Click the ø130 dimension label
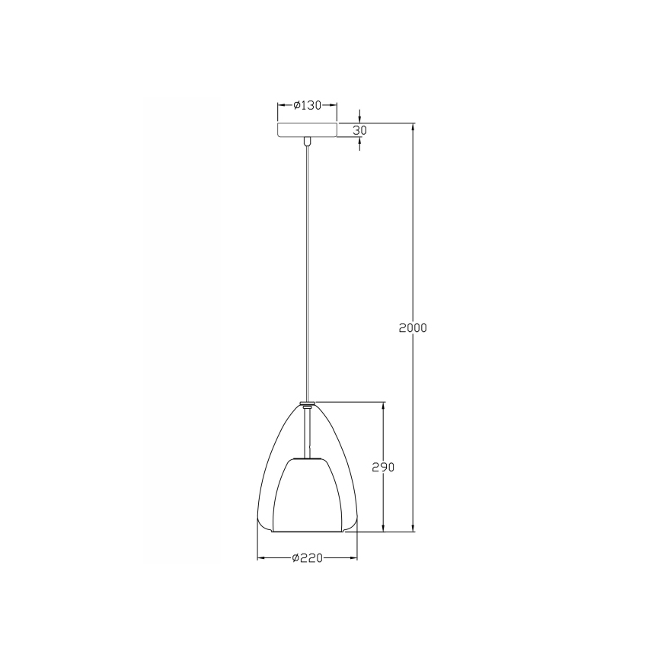coord(308,106)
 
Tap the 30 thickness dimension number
coord(360,130)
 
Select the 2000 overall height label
coord(413,327)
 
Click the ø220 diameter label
coord(308,558)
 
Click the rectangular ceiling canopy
coord(307,130)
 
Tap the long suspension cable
coord(307,267)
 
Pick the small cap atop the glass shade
coord(307,403)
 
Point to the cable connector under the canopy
coord(307,141)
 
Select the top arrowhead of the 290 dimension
coord(383,407)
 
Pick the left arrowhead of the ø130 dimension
coord(281,106)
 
